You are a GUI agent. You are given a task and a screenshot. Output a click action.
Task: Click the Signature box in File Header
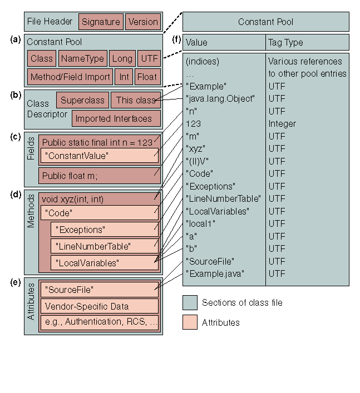coord(101,22)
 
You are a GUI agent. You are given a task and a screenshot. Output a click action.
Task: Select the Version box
coord(143,22)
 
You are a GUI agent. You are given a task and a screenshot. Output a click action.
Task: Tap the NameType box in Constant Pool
coord(82,58)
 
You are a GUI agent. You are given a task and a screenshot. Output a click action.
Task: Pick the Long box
coord(122,58)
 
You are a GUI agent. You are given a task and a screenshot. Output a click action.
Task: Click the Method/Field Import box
coord(71,77)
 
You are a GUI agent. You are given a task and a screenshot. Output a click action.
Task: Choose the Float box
coord(147,77)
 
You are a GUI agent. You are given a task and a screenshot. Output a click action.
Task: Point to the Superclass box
coord(82,101)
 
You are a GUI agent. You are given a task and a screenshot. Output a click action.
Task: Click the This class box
coord(136,101)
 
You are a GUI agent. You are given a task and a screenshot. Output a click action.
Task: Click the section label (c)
coord(16,132)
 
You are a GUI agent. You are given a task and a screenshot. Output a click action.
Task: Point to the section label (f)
coord(176,40)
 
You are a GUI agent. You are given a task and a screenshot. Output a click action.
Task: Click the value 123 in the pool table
coord(194,123)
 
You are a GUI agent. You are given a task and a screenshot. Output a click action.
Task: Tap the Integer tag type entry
coord(282,123)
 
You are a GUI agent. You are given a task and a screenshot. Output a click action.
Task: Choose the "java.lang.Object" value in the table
coord(220,98)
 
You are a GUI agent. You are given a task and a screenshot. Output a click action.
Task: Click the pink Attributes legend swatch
coord(190,322)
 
